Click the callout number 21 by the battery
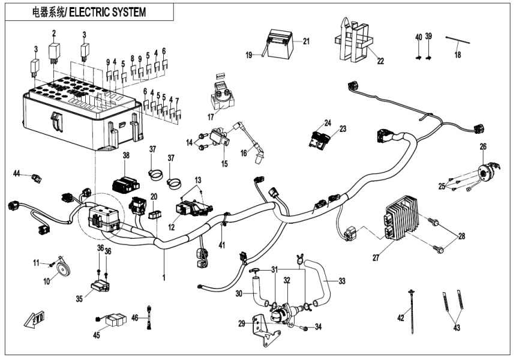coord(306,41)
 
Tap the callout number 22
coord(380,61)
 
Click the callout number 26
coord(482,146)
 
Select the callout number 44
coord(17,173)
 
